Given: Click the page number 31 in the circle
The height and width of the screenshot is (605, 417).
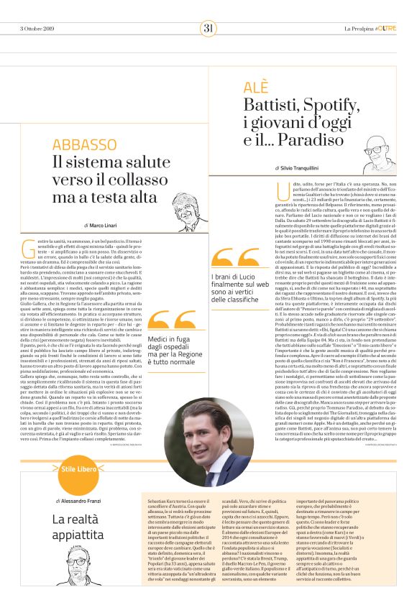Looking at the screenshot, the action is point(208,29).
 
